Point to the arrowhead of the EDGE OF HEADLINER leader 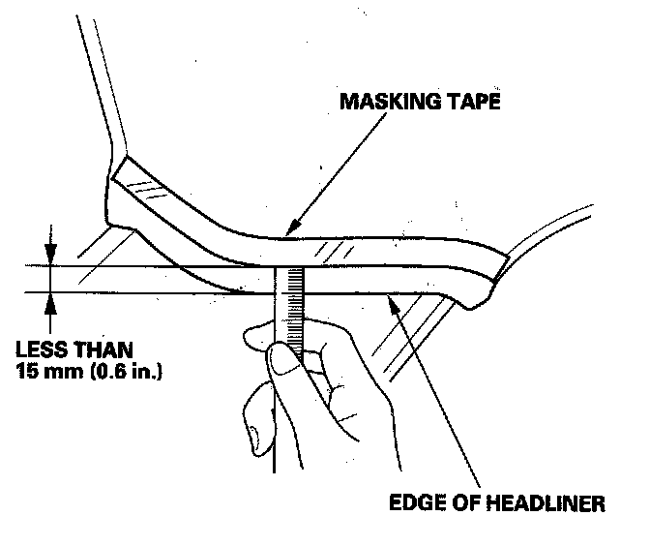click(392, 302)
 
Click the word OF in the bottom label click(465, 504)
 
